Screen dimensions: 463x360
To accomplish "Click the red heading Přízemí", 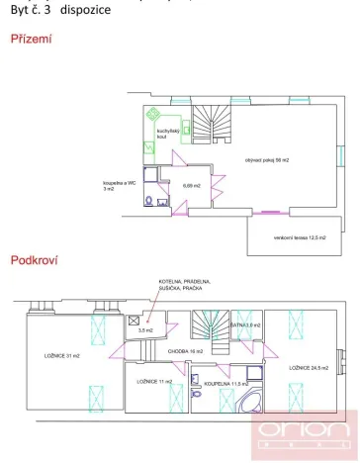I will (x=31, y=41).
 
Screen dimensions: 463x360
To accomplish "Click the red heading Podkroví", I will (x=32, y=260).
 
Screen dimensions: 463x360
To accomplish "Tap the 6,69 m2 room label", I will (x=191, y=185).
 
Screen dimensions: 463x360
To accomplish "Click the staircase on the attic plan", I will (x=208, y=326).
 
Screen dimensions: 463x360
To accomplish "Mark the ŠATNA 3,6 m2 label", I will (x=244, y=324).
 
